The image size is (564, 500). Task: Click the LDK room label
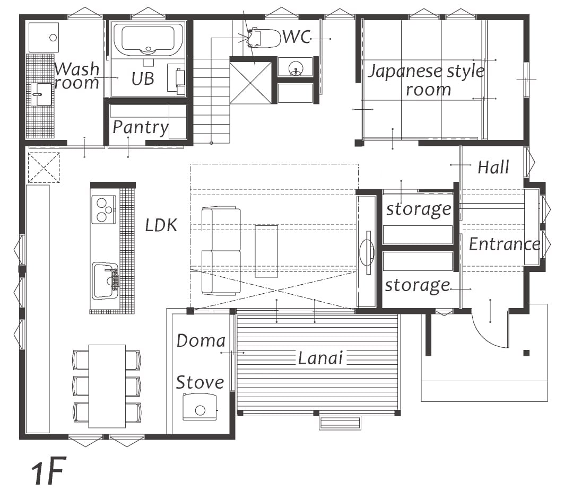[x=161, y=225]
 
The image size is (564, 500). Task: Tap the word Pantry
[x=140, y=128]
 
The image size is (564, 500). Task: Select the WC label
[x=297, y=37]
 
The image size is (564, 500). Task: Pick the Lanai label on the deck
[x=320, y=358]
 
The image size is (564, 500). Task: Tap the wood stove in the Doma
[x=199, y=407]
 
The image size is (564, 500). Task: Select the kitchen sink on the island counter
[x=105, y=280]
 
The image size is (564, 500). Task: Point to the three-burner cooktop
[x=103, y=209]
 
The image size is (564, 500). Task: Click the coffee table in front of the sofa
[x=266, y=251]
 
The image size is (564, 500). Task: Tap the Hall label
[x=493, y=168]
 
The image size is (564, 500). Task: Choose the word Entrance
[x=504, y=244]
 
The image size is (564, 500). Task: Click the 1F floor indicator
[x=48, y=471]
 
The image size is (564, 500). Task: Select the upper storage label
[x=419, y=209]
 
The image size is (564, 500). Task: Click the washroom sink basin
[x=41, y=94]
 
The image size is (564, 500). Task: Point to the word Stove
[x=200, y=382]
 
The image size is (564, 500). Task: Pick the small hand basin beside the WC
[x=296, y=67]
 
